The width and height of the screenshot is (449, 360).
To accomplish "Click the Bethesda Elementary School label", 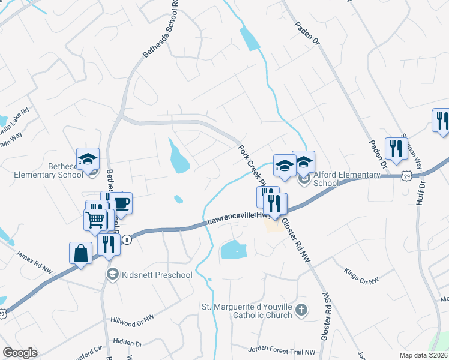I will click(49, 170).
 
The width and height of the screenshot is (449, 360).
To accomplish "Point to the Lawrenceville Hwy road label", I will click(236, 220).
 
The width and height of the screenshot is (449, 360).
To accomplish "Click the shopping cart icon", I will click(95, 220).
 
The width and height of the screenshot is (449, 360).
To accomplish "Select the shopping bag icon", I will click(80, 253).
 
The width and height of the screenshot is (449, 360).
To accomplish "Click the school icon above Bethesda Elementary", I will click(88, 160).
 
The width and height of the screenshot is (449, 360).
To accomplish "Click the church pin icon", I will click(301, 310).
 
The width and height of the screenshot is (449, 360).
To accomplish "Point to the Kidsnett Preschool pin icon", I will click(112, 275).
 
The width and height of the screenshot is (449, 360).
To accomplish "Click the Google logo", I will click(20, 353).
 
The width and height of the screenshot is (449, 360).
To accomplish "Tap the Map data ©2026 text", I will click(423, 355).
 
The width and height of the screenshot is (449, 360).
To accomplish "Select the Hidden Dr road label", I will click(127, 343).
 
